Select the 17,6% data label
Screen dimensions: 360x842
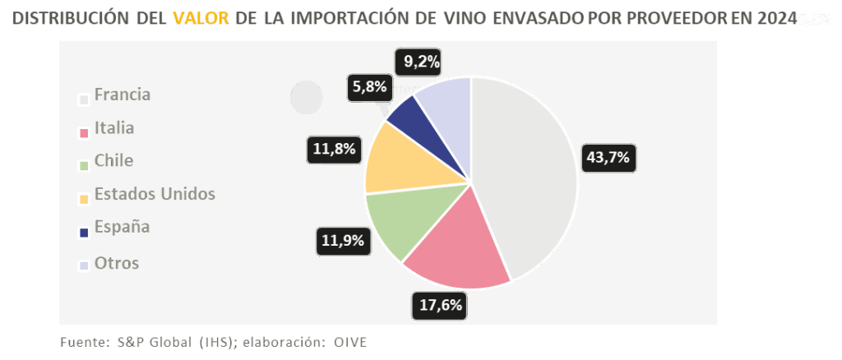441,306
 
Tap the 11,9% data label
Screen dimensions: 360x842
341,241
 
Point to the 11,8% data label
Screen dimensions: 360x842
334,149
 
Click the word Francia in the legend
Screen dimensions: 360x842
123,95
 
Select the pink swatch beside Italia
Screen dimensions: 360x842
83,133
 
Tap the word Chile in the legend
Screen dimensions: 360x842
113,160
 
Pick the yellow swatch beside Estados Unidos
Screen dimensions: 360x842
83,199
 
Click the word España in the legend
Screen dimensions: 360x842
122,227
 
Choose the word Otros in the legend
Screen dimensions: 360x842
117,263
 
